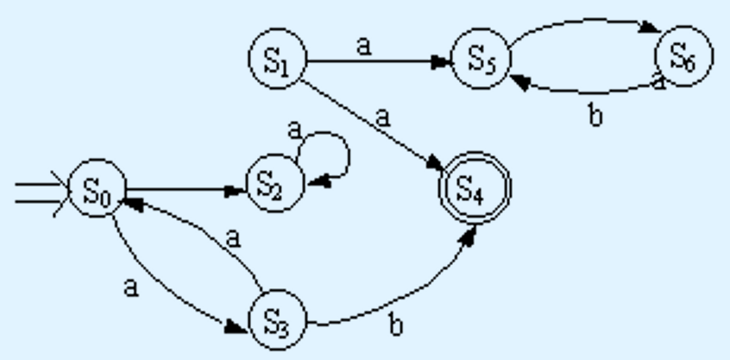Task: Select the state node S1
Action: (x=276, y=60)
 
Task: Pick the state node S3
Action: (x=278, y=322)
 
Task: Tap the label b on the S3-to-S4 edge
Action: (x=396, y=325)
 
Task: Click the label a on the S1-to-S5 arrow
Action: (x=363, y=45)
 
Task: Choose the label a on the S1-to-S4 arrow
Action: (x=381, y=114)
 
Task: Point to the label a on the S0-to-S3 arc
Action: (x=130, y=287)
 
